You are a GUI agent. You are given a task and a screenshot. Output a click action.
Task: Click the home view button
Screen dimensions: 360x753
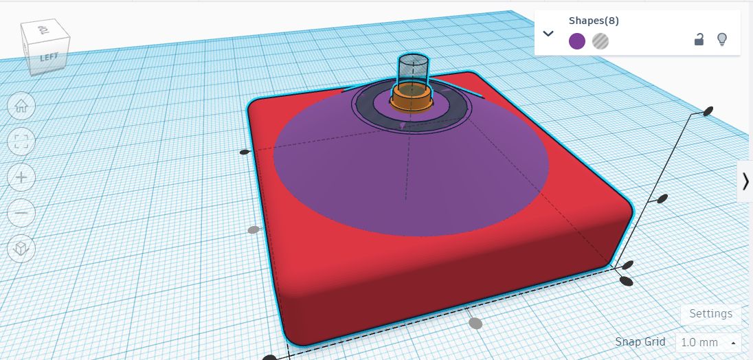(21, 106)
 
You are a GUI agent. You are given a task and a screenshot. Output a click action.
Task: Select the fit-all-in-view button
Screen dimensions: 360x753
(21, 142)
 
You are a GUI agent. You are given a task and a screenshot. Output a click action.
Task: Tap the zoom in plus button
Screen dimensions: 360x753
(21, 177)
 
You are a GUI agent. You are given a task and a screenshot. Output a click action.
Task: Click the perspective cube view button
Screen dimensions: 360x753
(21, 248)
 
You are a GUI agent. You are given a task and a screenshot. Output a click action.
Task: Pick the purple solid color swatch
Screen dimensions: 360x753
(577, 41)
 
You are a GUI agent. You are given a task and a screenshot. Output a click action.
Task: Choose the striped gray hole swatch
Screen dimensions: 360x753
(600, 41)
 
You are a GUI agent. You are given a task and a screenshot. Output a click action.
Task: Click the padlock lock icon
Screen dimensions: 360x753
(699, 40)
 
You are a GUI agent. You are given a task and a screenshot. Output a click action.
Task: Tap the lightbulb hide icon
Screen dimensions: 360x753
(722, 40)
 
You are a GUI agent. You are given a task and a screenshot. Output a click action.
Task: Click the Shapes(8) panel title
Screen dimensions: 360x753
(594, 21)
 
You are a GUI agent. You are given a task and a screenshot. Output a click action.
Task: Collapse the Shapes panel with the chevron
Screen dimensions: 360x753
(548, 33)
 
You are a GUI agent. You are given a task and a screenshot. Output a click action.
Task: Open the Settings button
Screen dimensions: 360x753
(710, 314)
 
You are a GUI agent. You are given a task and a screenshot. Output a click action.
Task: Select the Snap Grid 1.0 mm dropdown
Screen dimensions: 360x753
(708, 342)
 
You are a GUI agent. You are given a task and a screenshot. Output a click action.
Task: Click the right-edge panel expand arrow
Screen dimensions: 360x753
(745, 181)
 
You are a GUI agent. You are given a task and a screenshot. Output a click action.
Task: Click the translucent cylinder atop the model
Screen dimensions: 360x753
(414, 69)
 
